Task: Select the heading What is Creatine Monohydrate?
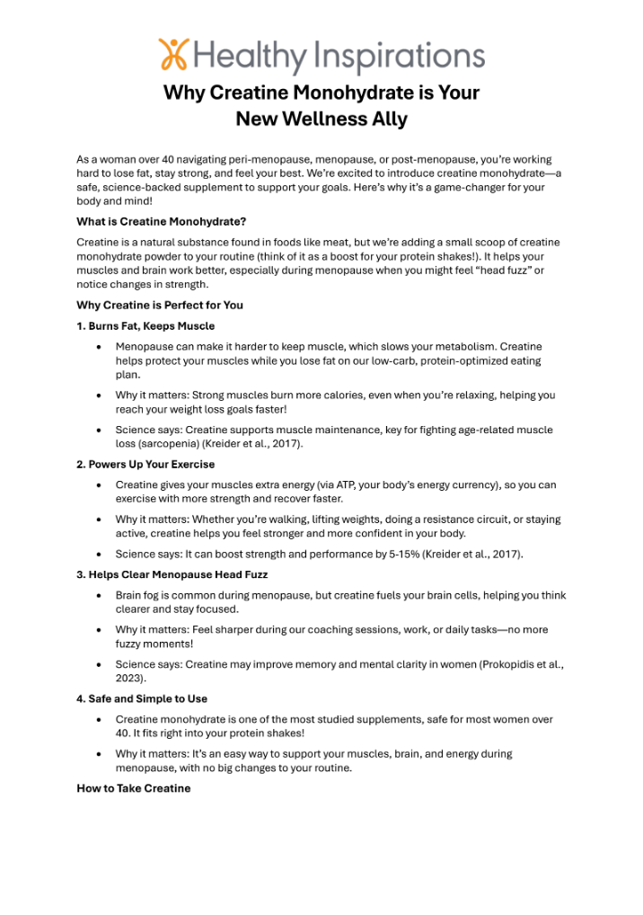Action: (x=161, y=221)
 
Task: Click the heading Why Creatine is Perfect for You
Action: (x=160, y=305)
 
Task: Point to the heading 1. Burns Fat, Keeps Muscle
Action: (x=145, y=325)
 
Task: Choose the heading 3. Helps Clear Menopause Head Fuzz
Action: (x=172, y=574)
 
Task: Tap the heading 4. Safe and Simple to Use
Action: (x=142, y=698)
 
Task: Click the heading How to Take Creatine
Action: (x=134, y=788)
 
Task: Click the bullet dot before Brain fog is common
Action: (x=98, y=596)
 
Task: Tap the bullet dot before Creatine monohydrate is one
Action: (x=98, y=720)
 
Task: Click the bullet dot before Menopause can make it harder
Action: (x=98, y=347)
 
